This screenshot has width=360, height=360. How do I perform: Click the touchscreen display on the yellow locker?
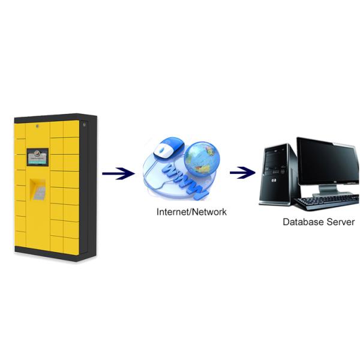click(x=37, y=157)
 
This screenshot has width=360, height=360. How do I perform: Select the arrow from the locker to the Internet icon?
click(x=118, y=174)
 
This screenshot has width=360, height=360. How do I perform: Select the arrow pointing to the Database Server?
click(x=242, y=173)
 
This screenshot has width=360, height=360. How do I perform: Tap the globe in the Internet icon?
click(x=202, y=157)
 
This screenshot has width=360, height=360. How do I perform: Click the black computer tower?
click(x=278, y=174)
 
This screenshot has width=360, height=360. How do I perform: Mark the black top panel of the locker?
click(x=54, y=117)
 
